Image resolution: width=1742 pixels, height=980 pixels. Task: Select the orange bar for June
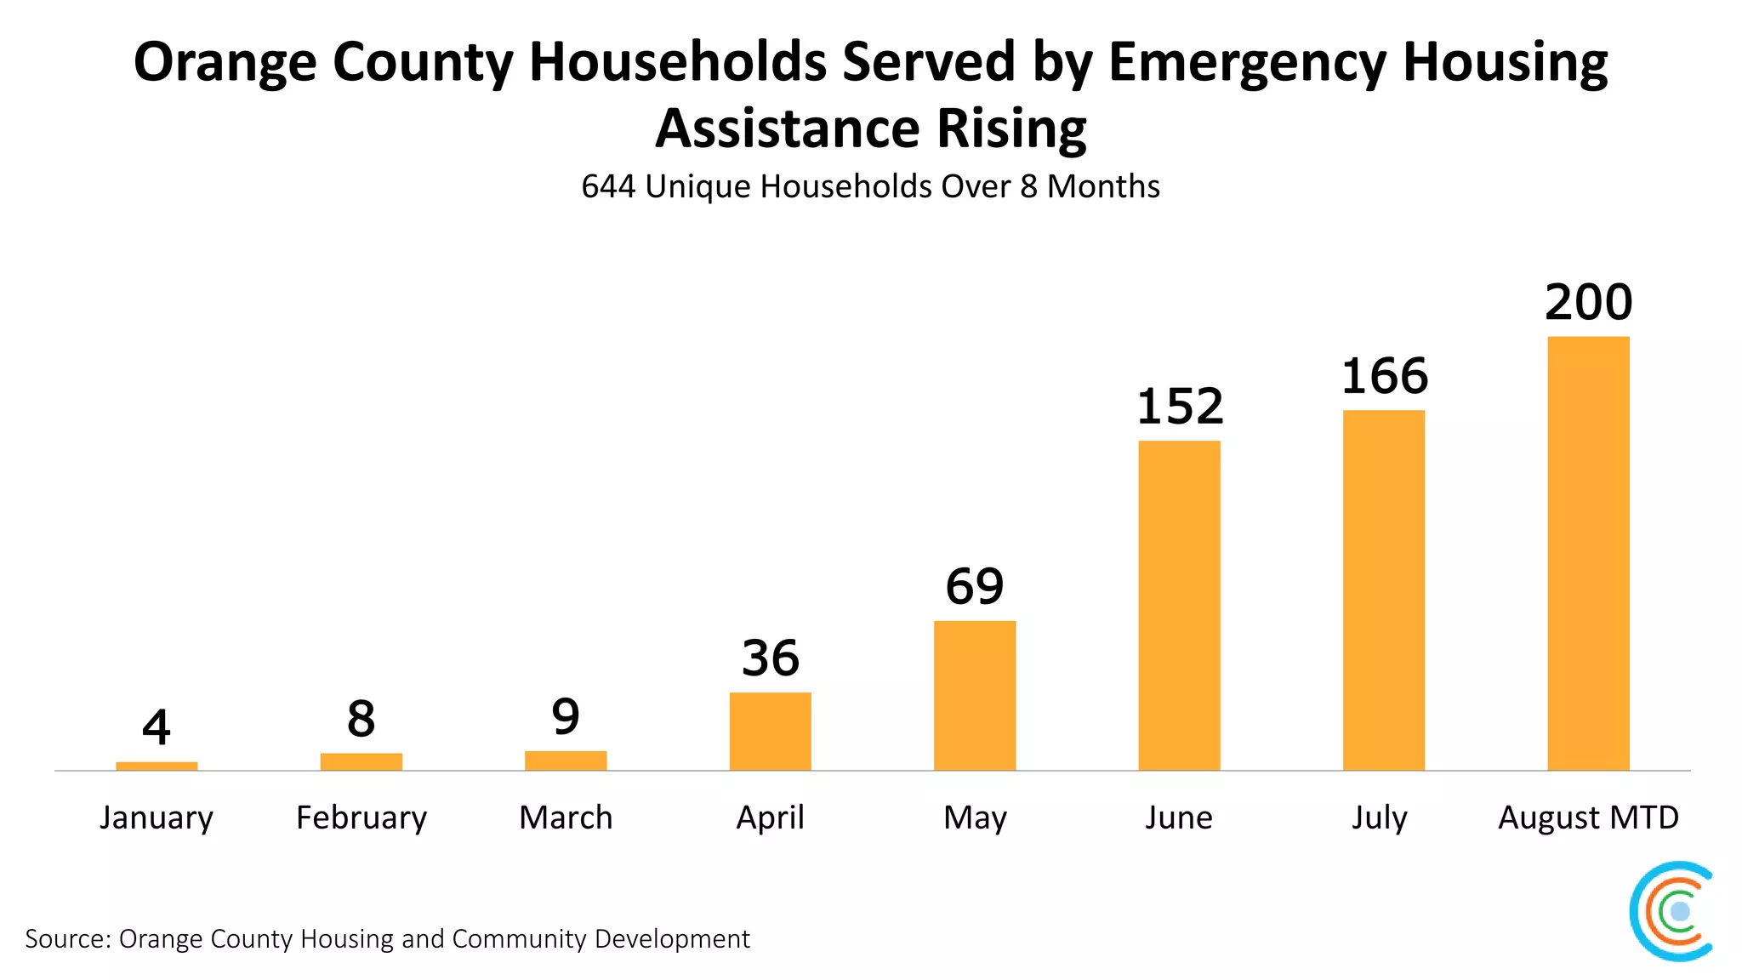point(1179,606)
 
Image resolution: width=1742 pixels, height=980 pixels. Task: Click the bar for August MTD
point(1588,553)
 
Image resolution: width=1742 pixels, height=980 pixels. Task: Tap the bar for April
point(770,732)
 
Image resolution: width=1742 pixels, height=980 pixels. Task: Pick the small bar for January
point(157,766)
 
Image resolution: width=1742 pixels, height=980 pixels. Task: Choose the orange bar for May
point(975,696)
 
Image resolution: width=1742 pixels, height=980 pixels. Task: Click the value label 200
point(1588,302)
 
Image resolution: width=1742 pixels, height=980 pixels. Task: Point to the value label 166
point(1384,376)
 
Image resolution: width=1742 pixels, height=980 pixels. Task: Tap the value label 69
point(975,586)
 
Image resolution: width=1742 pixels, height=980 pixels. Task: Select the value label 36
point(770,658)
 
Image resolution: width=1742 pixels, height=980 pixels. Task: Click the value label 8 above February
point(361,719)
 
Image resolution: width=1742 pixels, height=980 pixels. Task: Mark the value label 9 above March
point(566,716)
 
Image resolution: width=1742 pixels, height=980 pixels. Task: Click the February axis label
point(361,818)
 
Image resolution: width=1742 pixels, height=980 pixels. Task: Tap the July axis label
point(1380,818)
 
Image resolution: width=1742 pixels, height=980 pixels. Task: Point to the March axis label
point(566,818)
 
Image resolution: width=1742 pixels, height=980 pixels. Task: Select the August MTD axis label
point(1588,818)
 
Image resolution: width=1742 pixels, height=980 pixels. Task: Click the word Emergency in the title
point(1247,63)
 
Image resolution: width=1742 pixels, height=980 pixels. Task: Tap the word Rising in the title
point(1011,128)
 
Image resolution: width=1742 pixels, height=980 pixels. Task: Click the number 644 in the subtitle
point(608,186)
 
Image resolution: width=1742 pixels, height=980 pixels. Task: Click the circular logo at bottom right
point(1671,911)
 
